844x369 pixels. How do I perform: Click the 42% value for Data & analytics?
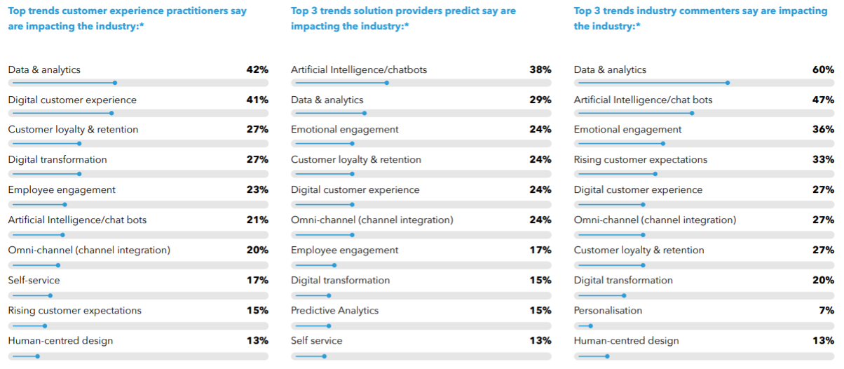pos(257,70)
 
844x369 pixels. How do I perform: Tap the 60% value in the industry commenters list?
pos(823,70)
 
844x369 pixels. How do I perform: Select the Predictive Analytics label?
pos(334,311)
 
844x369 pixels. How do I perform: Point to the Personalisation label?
pos(608,311)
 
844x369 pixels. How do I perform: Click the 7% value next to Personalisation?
pos(826,311)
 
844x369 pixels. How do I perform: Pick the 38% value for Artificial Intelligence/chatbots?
pos(540,70)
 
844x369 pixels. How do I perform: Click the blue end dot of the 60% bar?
pos(728,83)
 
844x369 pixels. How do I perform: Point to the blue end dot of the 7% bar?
pos(590,326)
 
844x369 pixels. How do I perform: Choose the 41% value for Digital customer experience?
pos(257,100)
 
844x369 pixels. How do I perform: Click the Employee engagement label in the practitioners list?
pos(62,190)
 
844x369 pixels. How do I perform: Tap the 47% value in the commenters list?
pos(823,100)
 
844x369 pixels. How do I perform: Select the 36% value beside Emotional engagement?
pos(823,130)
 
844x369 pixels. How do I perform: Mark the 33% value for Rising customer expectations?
pos(823,160)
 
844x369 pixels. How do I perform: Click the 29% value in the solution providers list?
pos(540,100)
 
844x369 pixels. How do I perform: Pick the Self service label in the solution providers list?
pos(317,341)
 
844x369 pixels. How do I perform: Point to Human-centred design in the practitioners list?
pos(60,341)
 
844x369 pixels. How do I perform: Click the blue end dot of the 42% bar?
pos(114,83)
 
